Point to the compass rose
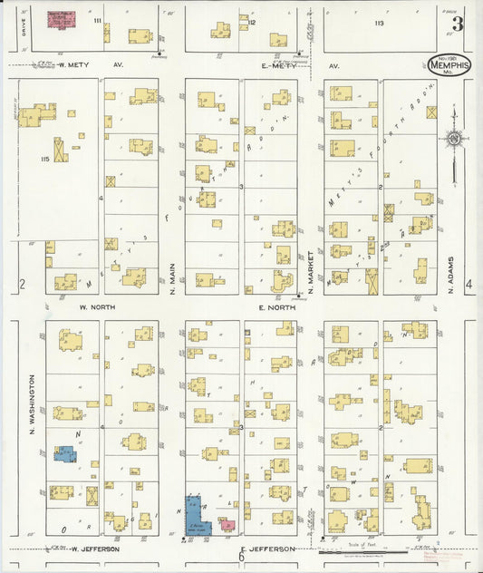454,139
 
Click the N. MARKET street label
310,269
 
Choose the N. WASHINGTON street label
30,403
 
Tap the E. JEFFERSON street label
271,549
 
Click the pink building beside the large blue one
227,525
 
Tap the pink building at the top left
62,20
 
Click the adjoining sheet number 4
469,285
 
